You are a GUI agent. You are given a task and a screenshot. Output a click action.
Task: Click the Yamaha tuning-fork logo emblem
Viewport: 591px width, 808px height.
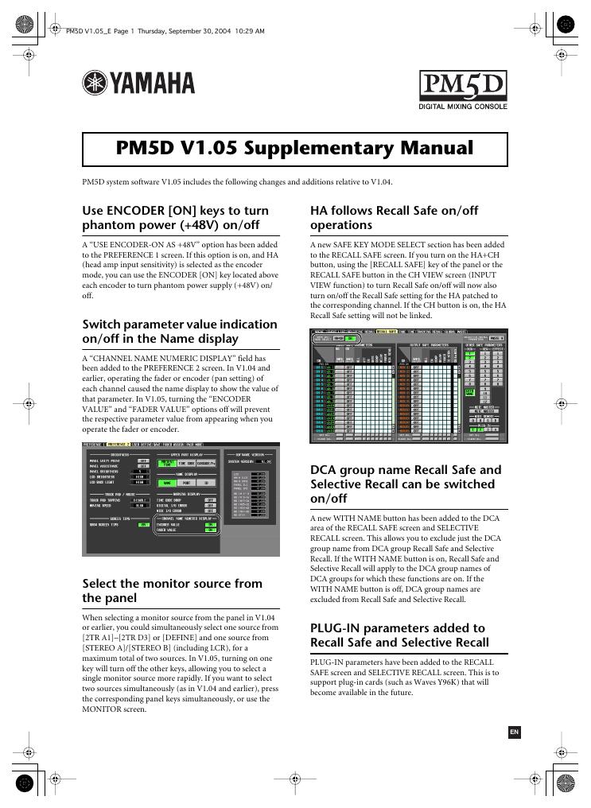click(x=95, y=84)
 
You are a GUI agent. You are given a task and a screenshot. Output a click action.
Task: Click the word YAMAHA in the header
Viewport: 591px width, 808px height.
click(x=152, y=84)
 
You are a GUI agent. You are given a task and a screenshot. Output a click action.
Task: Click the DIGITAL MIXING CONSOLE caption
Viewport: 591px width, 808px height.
click(x=463, y=107)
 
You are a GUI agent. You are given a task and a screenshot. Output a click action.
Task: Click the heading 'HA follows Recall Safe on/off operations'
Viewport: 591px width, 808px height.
click(x=394, y=217)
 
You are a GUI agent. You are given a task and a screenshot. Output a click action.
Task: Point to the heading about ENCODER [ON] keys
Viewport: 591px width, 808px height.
click(x=176, y=217)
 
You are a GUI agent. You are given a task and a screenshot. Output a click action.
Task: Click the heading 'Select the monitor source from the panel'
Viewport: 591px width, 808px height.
click(x=173, y=590)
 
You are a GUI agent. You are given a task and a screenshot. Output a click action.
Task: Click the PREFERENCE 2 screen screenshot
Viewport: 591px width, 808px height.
click(x=181, y=499)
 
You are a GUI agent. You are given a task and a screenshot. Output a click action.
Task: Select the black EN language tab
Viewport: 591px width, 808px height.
click(x=514, y=732)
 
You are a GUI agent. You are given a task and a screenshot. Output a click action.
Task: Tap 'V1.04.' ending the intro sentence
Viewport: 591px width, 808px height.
click(x=379, y=181)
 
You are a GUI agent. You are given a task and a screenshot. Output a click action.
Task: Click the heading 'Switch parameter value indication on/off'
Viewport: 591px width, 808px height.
click(x=180, y=331)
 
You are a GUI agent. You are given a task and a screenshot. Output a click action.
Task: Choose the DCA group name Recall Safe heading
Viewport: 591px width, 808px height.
click(x=406, y=484)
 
